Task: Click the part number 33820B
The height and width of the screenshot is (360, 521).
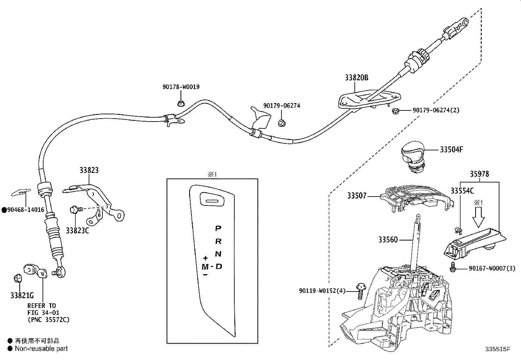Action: click(356, 78)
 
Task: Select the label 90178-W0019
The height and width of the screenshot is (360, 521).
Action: click(181, 87)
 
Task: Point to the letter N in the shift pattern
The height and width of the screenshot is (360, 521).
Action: click(218, 254)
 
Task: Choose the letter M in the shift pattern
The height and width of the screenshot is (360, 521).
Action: click(205, 267)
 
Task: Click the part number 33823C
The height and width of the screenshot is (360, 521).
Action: click(77, 231)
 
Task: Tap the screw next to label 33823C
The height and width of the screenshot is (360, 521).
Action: click(74, 209)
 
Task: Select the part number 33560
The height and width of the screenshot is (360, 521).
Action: click(388, 240)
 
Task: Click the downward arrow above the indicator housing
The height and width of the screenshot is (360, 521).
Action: click(478, 218)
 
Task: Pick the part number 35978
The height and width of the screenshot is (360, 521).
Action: click(480, 174)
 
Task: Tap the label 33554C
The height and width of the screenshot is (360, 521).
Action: click(462, 191)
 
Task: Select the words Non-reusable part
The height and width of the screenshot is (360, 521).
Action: click(41, 349)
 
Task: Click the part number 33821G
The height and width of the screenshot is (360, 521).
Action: click(22, 295)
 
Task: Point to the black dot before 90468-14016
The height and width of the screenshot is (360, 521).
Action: click(4, 210)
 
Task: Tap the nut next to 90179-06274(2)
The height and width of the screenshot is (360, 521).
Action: click(395, 111)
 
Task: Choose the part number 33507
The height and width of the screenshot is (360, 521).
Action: click(357, 196)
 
